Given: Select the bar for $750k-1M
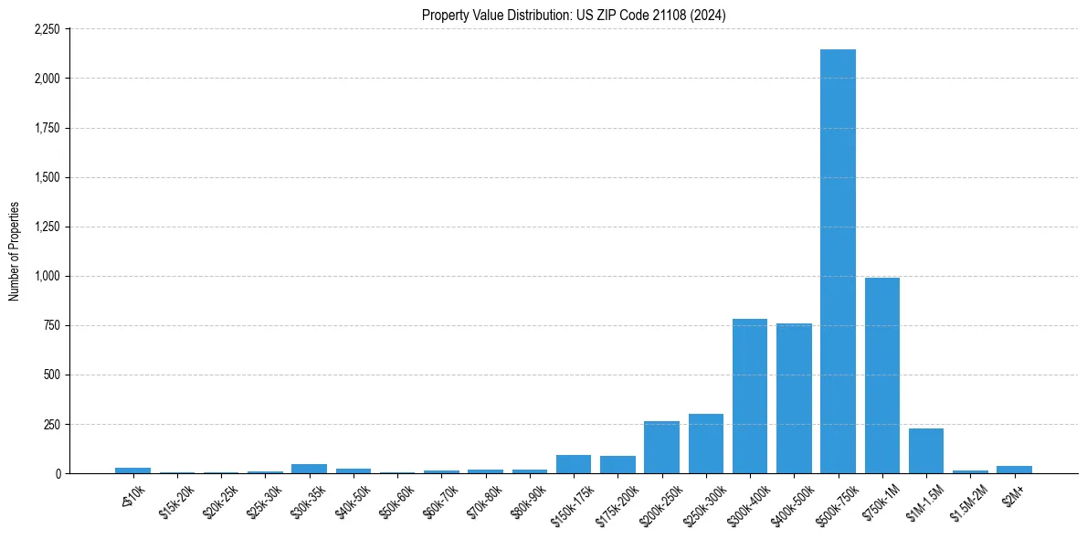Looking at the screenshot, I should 881,375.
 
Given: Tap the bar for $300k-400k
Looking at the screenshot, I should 749,396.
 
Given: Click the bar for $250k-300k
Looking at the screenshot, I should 705,444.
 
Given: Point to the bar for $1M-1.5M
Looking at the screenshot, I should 925,451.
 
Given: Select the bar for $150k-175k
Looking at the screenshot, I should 573,464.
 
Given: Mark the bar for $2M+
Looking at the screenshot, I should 1014,470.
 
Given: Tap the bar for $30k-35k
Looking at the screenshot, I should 309,469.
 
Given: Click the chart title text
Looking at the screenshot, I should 574,16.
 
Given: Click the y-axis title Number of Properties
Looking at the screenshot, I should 15,251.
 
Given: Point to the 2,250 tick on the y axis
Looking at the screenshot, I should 47,29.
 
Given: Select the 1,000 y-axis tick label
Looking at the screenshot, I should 47,276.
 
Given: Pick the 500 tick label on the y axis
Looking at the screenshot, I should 51,375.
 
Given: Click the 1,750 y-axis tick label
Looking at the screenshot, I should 47,128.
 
